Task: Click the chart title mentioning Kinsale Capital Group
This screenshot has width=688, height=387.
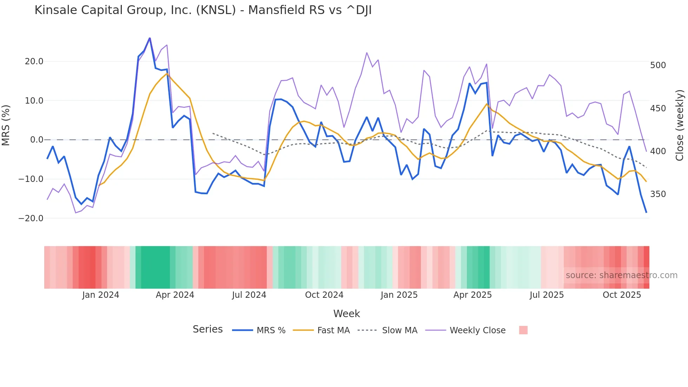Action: click(x=203, y=10)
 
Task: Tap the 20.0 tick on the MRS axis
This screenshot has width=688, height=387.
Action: click(x=34, y=61)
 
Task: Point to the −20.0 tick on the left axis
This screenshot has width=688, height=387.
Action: click(x=31, y=218)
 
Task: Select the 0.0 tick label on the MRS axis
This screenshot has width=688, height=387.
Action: click(x=37, y=140)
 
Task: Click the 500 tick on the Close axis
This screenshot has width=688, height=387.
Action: click(x=658, y=65)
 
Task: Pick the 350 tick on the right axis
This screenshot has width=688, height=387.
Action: click(x=658, y=194)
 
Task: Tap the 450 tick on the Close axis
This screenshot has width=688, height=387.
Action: click(x=658, y=109)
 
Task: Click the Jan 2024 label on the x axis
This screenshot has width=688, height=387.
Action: click(x=101, y=295)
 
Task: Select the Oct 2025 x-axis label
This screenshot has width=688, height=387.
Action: click(x=622, y=295)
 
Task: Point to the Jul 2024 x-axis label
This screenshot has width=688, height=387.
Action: click(x=249, y=295)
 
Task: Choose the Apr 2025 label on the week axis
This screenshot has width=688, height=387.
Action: click(x=472, y=295)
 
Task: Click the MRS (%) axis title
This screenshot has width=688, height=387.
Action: click(x=6, y=125)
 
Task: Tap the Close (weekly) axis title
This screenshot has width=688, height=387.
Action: click(x=680, y=125)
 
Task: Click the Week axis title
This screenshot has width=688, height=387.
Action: click(x=346, y=314)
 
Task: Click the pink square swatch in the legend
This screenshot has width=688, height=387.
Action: click(x=523, y=330)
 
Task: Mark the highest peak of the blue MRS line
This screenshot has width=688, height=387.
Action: click(x=150, y=38)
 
